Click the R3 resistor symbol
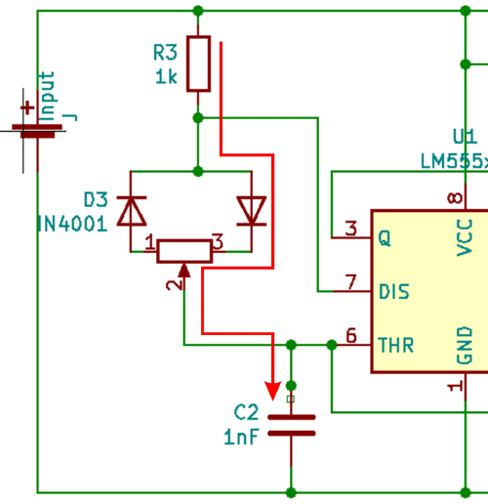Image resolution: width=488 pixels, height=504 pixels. tap(198, 63)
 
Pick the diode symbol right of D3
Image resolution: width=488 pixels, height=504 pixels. tap(252, 209)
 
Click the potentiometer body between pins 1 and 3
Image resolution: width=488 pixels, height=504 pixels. tap(185, 250)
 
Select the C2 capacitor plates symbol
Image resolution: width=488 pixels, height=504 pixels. tap(291, 424)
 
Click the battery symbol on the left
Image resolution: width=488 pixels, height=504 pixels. tap(37, 127)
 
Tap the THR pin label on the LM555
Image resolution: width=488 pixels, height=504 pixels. tap(394, 344)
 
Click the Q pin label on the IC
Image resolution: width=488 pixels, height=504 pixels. tap(384, 237)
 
